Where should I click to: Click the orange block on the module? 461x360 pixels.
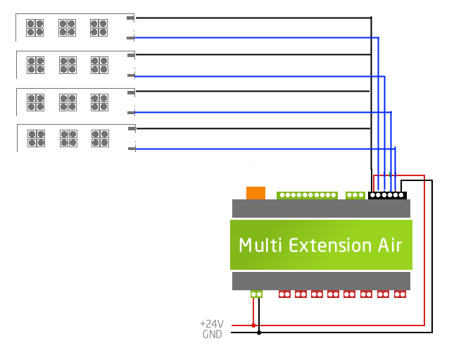(x=255, y=192)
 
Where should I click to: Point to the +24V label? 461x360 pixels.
(x=211, y=325)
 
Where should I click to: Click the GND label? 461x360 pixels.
(x=213, y=334)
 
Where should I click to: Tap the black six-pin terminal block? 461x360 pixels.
(x=387, y=195)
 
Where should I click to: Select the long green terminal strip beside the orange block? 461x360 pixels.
(x=308, y=195)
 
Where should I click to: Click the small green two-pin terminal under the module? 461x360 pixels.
(x=257, y=294)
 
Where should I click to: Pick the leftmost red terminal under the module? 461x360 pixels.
(x=284, y=294)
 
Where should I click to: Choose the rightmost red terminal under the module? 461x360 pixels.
(x=400, y=294)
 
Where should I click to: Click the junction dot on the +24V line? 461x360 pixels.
(x=253, y=325)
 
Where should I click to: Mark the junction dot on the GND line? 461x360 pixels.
(x=259, y=332)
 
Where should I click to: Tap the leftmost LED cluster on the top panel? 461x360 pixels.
(x=34, y=27)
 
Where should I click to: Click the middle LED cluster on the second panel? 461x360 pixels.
(x=68, y=65)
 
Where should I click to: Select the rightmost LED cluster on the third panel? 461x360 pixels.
(x=99, y=101)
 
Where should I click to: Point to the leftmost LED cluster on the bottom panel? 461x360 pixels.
(x=35, y=138)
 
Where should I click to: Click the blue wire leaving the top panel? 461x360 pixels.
(x=253, y=37)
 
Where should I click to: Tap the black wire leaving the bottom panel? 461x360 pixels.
(x=253, y=128)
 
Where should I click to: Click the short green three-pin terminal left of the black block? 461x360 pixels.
(x=355, y=195)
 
